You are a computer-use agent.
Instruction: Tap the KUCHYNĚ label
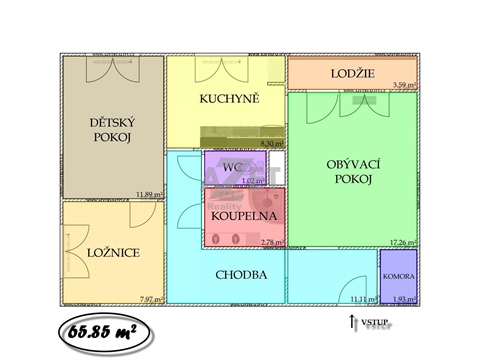(x=229, y=98)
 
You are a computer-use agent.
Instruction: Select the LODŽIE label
(x=352, y=74)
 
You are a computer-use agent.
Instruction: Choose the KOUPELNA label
(x=244, y=214)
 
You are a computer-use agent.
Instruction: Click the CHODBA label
(x=241, y=273)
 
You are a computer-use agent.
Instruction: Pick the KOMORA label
(x=397, y=274)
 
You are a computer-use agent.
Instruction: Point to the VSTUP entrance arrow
(x=351, y=321)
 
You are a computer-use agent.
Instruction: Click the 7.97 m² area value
(x=151, y=298)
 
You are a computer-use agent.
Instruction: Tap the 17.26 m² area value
(x=404, y=242)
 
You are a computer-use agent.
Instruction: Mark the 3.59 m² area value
(x=405, y=85)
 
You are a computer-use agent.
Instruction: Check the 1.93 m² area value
(x=404, y=298)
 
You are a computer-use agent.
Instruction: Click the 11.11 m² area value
(x=361, y=298)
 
